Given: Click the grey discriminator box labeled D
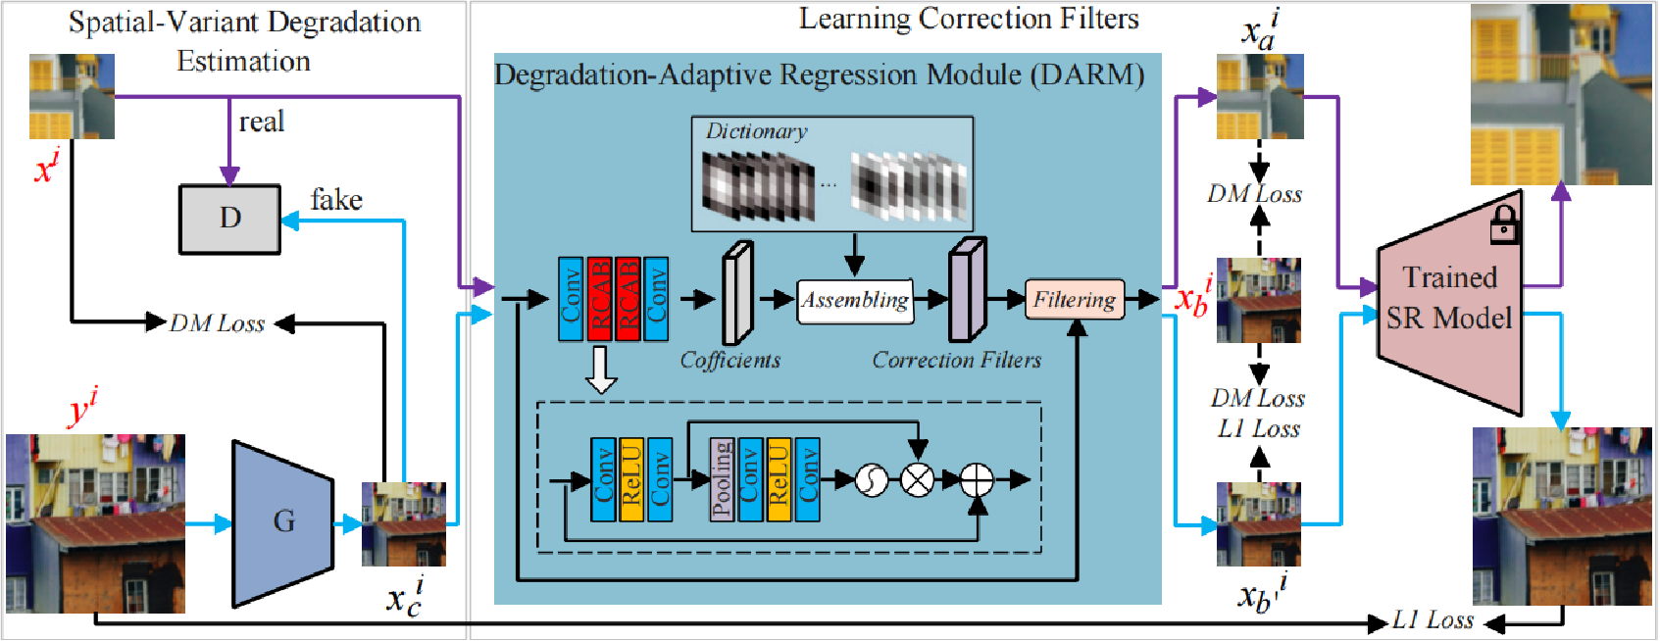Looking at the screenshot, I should coord(229,219).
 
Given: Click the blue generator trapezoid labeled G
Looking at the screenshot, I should coord(283,521).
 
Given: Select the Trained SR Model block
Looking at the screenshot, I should coord(1449,299).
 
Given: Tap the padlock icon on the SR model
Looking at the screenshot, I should coord(1504,225).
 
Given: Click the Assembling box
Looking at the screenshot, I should coord(855,300).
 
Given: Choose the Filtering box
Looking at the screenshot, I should coord(1075,300).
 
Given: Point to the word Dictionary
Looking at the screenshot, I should coord(756,131).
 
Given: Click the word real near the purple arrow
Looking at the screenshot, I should coord(262,122).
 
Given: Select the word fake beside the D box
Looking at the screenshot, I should coord(336,200).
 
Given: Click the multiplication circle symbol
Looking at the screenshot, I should coord(918,480).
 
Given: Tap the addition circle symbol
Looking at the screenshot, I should coord(977,480).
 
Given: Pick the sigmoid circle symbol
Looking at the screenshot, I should coord(872,480).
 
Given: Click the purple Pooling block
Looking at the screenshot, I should coord(722,479).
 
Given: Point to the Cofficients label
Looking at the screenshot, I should coord(730,361).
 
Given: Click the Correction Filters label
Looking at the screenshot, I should coord(957,361).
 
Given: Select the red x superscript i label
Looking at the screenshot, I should coord(46,168).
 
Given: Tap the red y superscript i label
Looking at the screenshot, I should coord(82,407).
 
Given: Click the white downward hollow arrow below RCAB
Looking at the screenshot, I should coord(601,370).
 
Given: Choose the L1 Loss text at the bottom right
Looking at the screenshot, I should coord(1433,620).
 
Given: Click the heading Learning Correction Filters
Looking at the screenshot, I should coord(969,19).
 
